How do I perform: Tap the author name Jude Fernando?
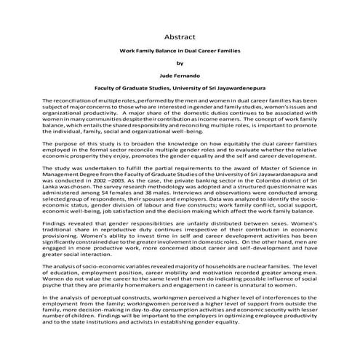point(180,74)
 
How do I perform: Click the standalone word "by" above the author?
point(180,63)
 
